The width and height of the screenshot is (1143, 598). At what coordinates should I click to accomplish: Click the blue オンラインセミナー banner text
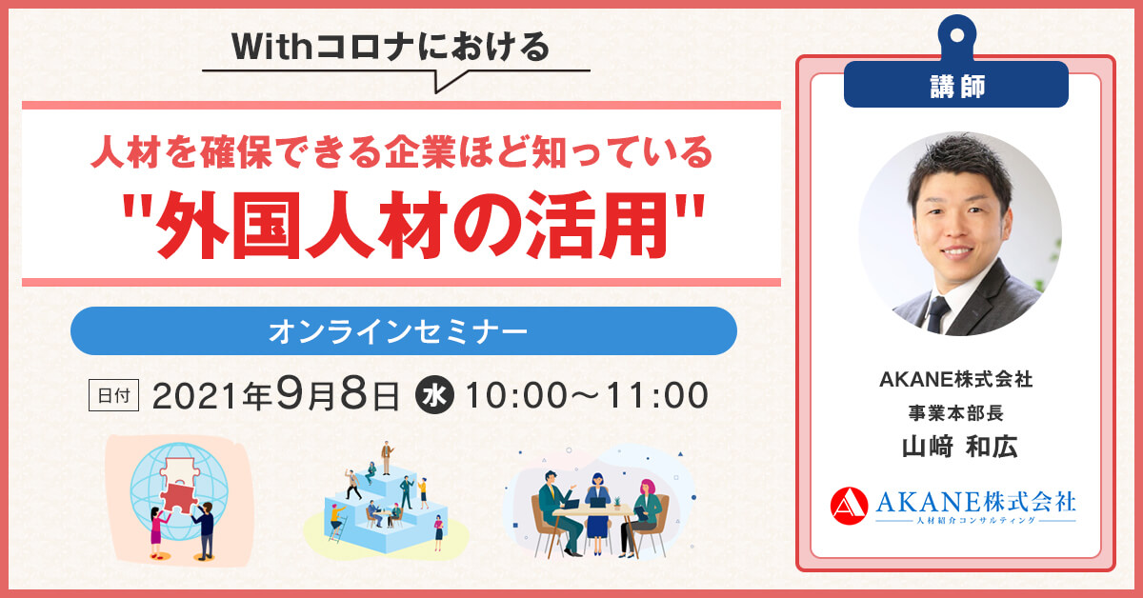click(x=398, y=331)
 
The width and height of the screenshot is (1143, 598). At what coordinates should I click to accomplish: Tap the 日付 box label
click(x=113, y=395)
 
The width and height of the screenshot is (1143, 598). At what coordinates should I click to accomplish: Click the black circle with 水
click(x=434, y=395)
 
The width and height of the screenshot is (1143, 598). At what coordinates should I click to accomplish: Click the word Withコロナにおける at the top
click(x=391, y=47)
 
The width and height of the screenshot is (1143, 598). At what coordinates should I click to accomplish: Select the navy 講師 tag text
click(x=957, y=86)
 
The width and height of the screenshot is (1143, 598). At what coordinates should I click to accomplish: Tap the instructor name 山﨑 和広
click(x=959, y=447)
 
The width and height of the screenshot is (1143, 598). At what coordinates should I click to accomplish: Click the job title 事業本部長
click(x=955, y=412)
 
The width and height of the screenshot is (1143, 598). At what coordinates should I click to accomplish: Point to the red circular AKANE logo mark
click(x=849, y=506)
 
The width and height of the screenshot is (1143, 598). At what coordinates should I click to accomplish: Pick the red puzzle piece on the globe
click(x=180, y=497)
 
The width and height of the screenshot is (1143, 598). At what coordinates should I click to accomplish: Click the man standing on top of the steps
click(x=387, y=458)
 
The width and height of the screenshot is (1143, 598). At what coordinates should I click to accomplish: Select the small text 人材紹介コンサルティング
click(x=975, y=521)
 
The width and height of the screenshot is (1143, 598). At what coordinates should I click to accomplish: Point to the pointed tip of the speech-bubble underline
click(x=436, y=93)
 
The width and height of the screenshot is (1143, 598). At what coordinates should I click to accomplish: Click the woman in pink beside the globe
click(x=158, y=533)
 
